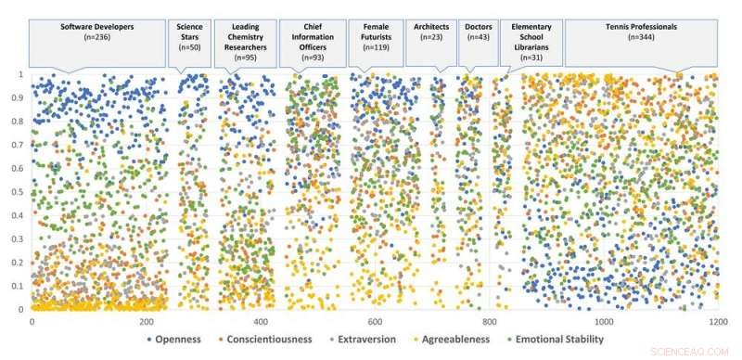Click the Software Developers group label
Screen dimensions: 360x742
[97, 32]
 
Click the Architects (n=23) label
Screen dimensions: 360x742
[430, 32]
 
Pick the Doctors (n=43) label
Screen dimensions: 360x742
[479, 32]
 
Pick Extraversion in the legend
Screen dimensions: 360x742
[368, 340]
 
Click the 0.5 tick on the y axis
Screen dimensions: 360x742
[19, 192]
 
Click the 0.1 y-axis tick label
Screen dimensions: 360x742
[19, 287]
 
